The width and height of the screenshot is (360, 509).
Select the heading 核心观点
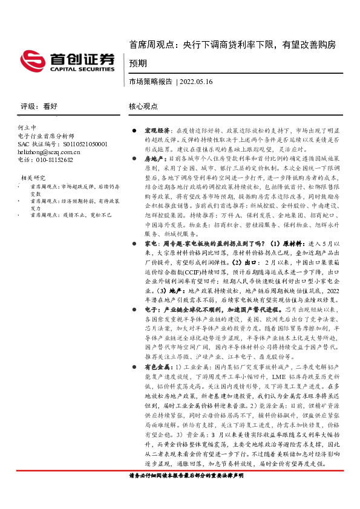143,106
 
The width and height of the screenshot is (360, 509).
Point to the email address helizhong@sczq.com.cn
50,152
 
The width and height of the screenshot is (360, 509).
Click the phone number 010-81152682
45,160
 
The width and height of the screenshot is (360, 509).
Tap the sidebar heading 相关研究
33,178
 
